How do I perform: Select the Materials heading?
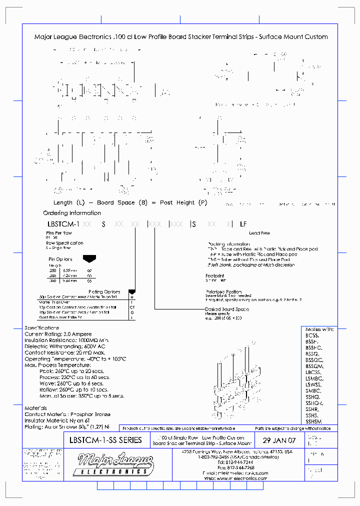click(x=36, y=408)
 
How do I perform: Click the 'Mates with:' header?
click(x=319, y=329)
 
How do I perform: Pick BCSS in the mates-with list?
click(x=312, y=335)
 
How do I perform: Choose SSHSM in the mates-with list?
click(x=313, y=421)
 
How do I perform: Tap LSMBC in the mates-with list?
click(x=313, y=378)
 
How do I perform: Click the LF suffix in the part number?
click(x=243, y=224)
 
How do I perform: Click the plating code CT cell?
click(x=132, y=307)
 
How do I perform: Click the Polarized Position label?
click(x=223, y=291)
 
